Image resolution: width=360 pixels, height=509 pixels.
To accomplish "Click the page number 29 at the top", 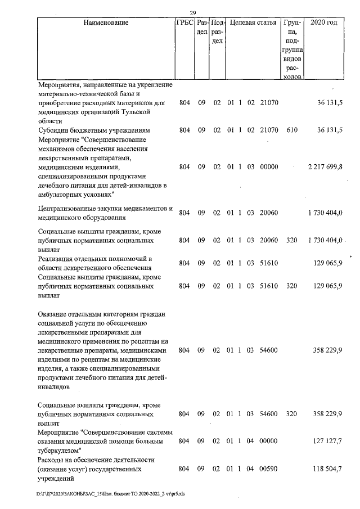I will coord(192,13).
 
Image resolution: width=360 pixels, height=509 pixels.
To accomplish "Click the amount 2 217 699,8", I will coord(325,167).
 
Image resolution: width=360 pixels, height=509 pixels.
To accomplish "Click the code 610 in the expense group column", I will coord(291,130).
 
